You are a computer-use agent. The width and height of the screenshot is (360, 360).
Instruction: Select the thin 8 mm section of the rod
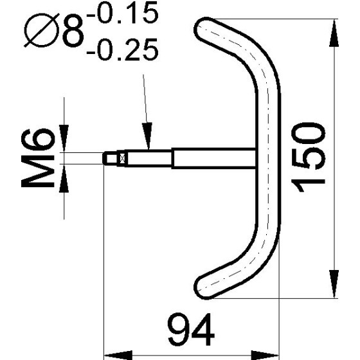148,157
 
